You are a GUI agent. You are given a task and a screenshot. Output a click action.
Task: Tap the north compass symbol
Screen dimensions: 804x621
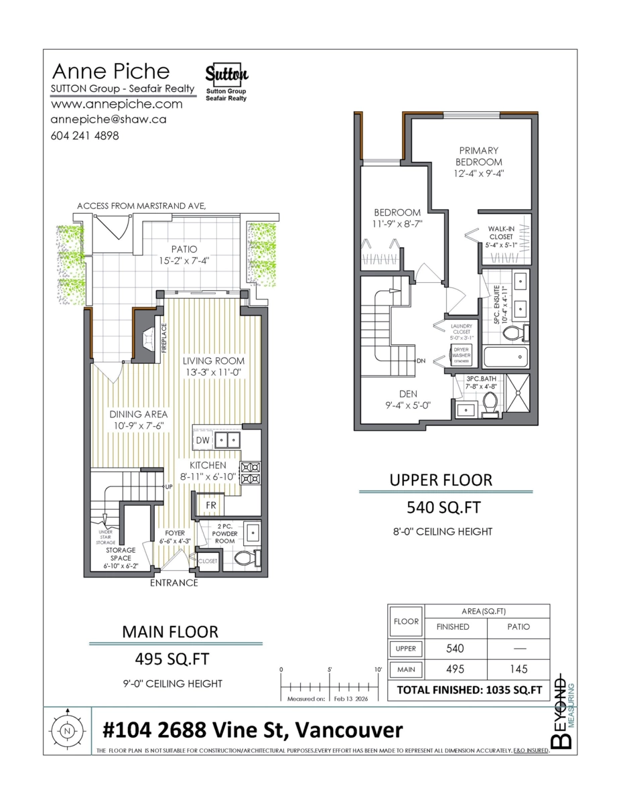[x=67, y=732]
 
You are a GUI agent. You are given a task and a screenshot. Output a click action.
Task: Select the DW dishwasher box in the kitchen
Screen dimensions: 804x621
[x=202, y=440]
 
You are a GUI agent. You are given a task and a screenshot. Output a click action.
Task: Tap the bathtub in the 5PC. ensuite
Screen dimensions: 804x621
[x=506, y=356]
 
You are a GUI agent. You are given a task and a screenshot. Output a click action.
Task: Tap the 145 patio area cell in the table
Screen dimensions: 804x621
[x=519, y=669]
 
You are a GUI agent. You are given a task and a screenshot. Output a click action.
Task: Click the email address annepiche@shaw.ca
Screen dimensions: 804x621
[x=109, y=119]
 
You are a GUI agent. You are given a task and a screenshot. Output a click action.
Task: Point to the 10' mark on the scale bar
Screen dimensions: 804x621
[x=378, y=669]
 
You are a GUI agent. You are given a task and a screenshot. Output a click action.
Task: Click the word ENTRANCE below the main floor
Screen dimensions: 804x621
[x=174, y=582]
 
